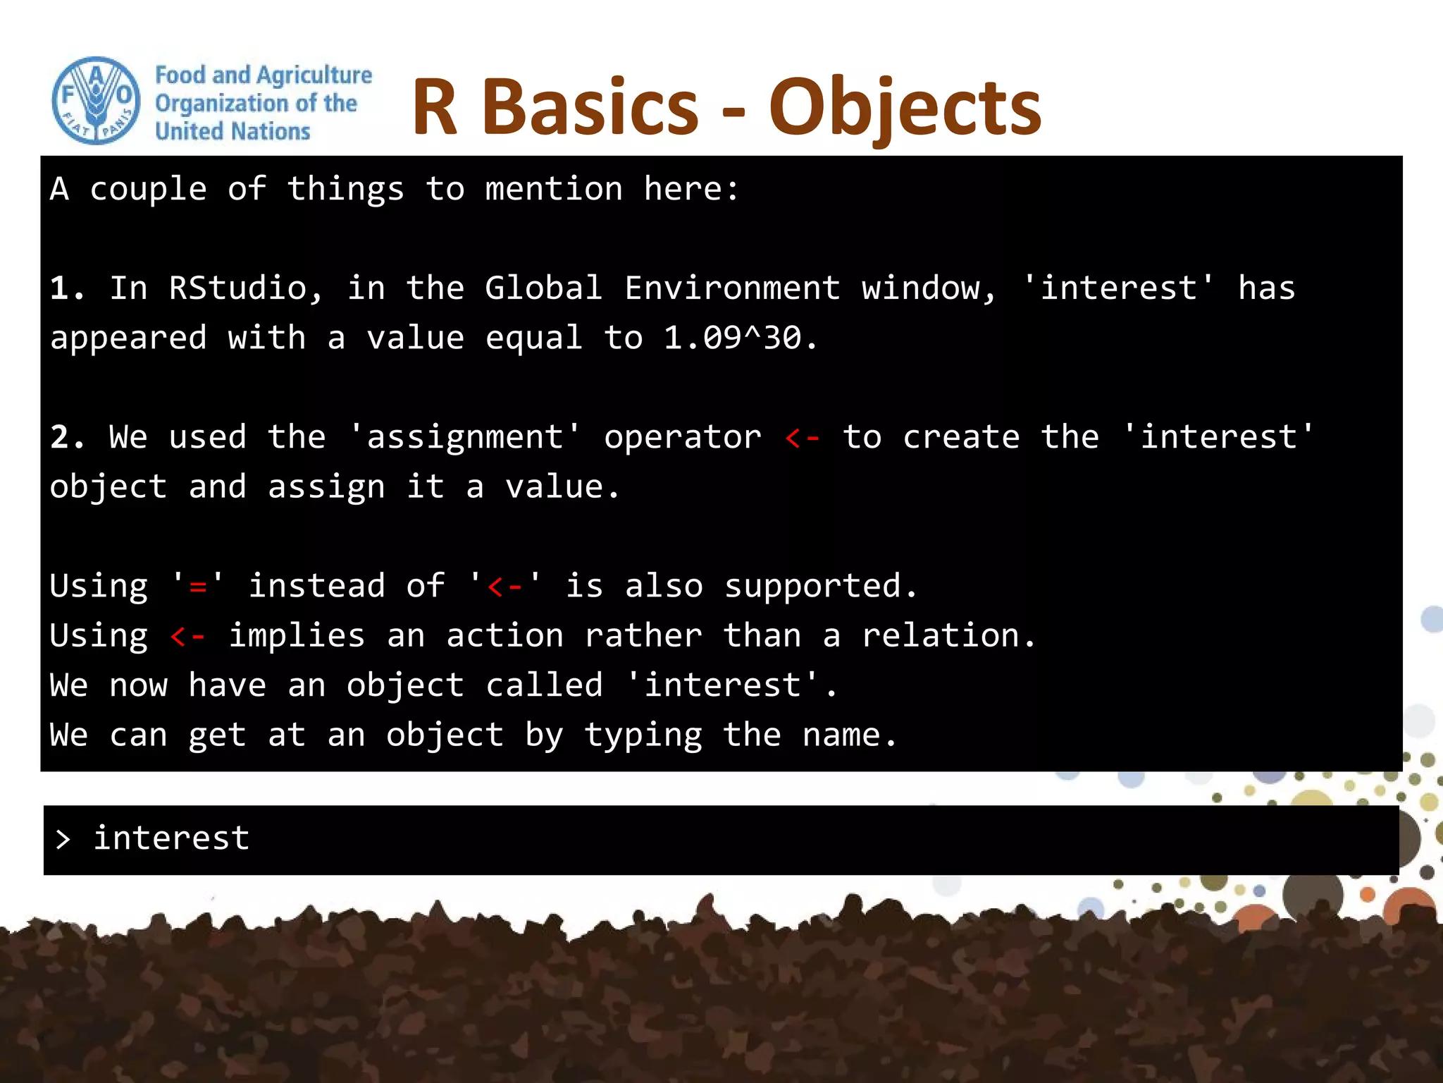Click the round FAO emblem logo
click(x=97, y=101)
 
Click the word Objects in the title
click(x=905, y=108)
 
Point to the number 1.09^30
click(x=732, y=338)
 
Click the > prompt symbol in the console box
click(x=63, y=839)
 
